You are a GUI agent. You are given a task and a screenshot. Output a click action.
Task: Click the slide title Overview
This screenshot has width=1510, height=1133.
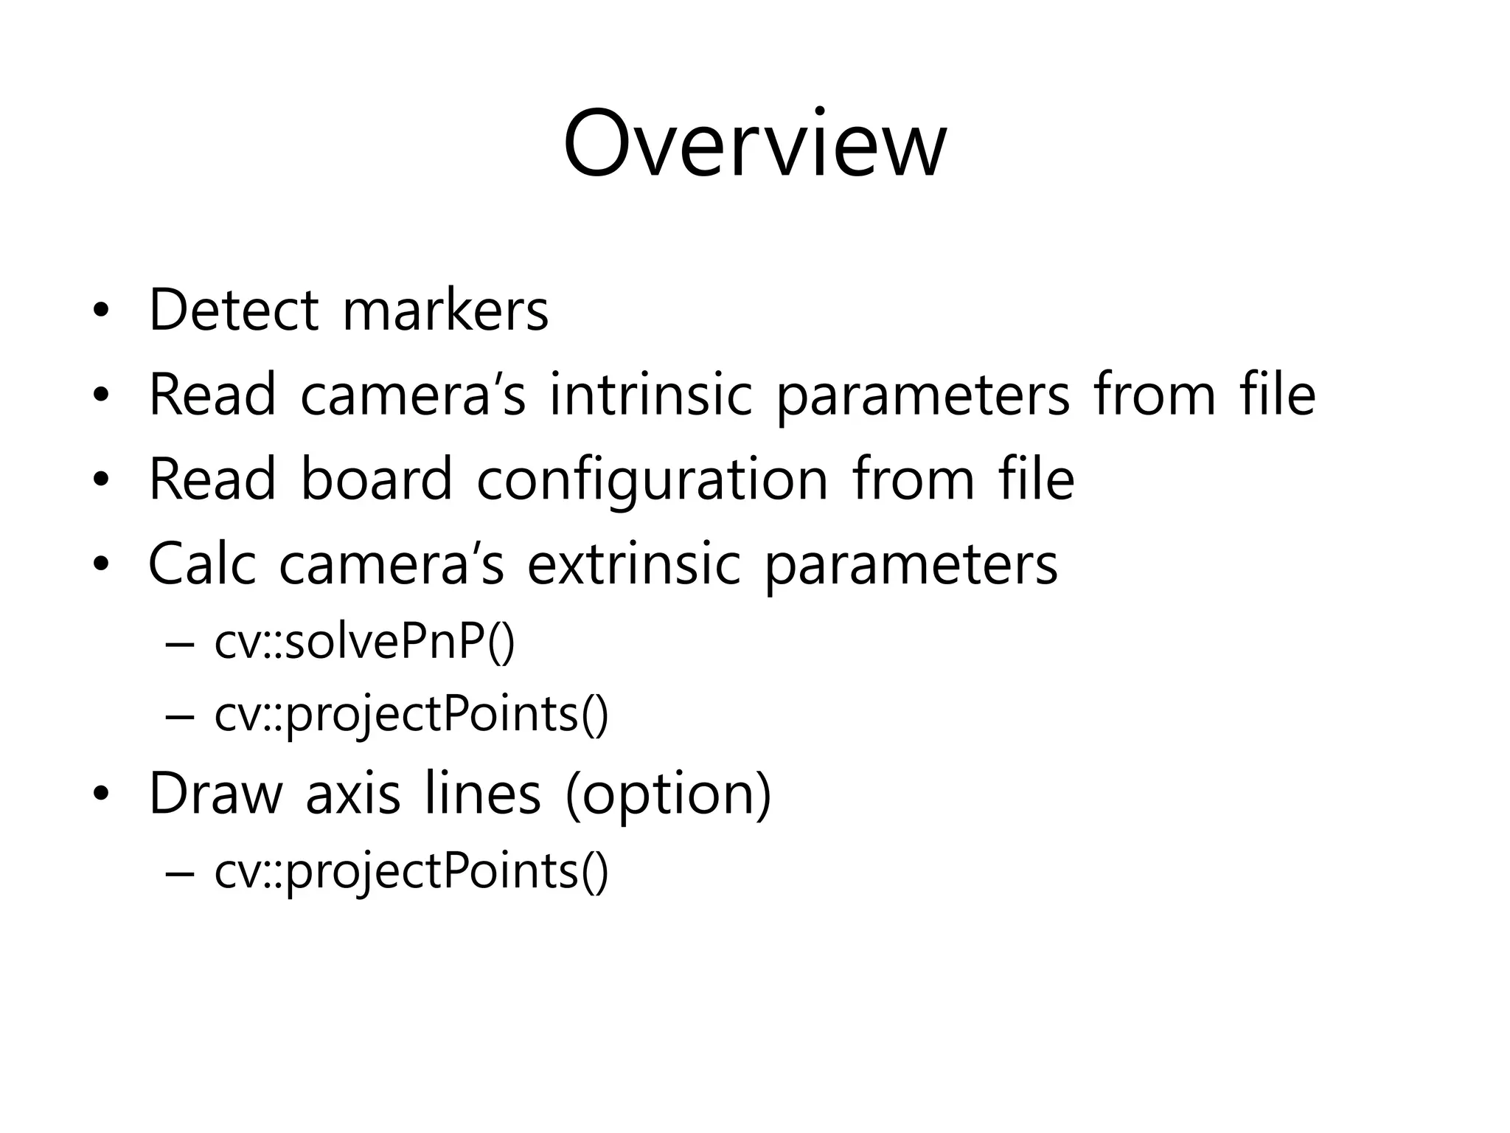pos(754,144)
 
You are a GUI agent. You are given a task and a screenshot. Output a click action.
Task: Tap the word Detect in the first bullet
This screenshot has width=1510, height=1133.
pos(234,310)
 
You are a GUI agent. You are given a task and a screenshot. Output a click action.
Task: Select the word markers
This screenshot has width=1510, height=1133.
pos(445,310)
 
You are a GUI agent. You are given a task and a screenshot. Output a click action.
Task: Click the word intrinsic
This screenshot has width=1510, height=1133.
pos(650,395)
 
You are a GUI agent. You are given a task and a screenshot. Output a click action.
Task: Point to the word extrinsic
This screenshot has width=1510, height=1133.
pos(633,564)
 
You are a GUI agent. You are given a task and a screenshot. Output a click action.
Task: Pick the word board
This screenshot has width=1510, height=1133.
pos(376,479)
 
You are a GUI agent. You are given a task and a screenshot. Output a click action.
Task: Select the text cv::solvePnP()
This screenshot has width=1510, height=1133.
pos(364,642)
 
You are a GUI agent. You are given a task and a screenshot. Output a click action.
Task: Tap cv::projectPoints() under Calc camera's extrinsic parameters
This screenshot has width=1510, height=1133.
pos(411,716)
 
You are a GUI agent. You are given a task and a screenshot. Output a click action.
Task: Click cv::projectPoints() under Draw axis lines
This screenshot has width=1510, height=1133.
pos(411,872)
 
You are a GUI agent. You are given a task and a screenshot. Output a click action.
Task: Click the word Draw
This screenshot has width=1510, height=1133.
pos(215,794)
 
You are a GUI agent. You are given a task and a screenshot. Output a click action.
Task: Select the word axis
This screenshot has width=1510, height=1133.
pos(352,794)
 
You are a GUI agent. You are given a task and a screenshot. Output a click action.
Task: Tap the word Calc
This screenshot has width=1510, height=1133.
pos(201,564)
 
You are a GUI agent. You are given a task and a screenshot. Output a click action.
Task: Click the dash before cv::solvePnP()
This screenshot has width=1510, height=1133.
pos(181,643)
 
